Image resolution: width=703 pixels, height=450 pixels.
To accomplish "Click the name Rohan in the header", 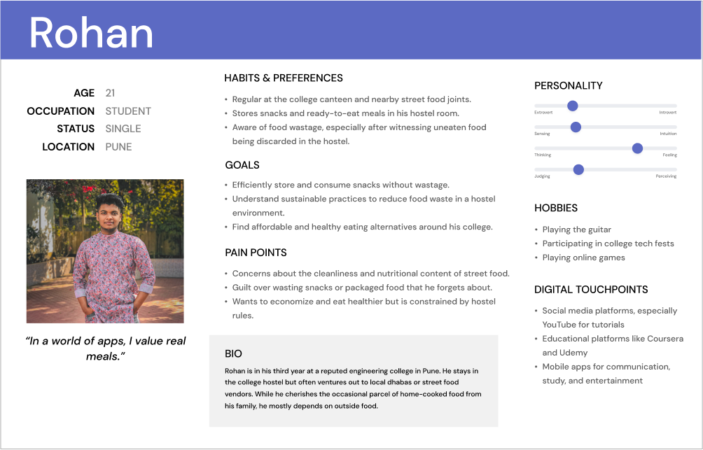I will [91, 33].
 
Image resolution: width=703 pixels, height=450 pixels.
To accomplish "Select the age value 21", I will [111, 93].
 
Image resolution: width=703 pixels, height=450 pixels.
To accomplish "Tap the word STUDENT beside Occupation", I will [128, 111].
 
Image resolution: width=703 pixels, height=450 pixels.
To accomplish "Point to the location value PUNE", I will [119, 147].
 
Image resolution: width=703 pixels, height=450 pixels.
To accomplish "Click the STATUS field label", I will [76, 129].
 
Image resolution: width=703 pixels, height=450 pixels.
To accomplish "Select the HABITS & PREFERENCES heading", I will [284, 78].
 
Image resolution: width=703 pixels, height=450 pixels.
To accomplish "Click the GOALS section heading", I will [242, 165].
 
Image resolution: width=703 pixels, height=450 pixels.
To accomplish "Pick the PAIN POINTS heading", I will [256, 253].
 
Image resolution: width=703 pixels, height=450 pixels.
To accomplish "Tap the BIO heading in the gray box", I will [234, 354].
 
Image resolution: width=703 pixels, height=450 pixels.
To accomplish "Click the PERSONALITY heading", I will [569, 86].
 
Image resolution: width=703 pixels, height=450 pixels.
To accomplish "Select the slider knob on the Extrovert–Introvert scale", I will [572, 106].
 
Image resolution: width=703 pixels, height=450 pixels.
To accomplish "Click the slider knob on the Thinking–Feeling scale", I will [637, 148].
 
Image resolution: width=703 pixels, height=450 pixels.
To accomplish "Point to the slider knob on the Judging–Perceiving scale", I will [578, 169].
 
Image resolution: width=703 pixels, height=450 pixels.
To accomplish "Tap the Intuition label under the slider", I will [668, 134].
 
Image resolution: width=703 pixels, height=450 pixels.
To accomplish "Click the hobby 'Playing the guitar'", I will [577, 230].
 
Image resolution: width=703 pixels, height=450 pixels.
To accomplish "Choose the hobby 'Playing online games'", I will [584, 258].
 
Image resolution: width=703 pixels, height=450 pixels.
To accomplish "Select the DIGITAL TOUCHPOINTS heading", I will [591, 290].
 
